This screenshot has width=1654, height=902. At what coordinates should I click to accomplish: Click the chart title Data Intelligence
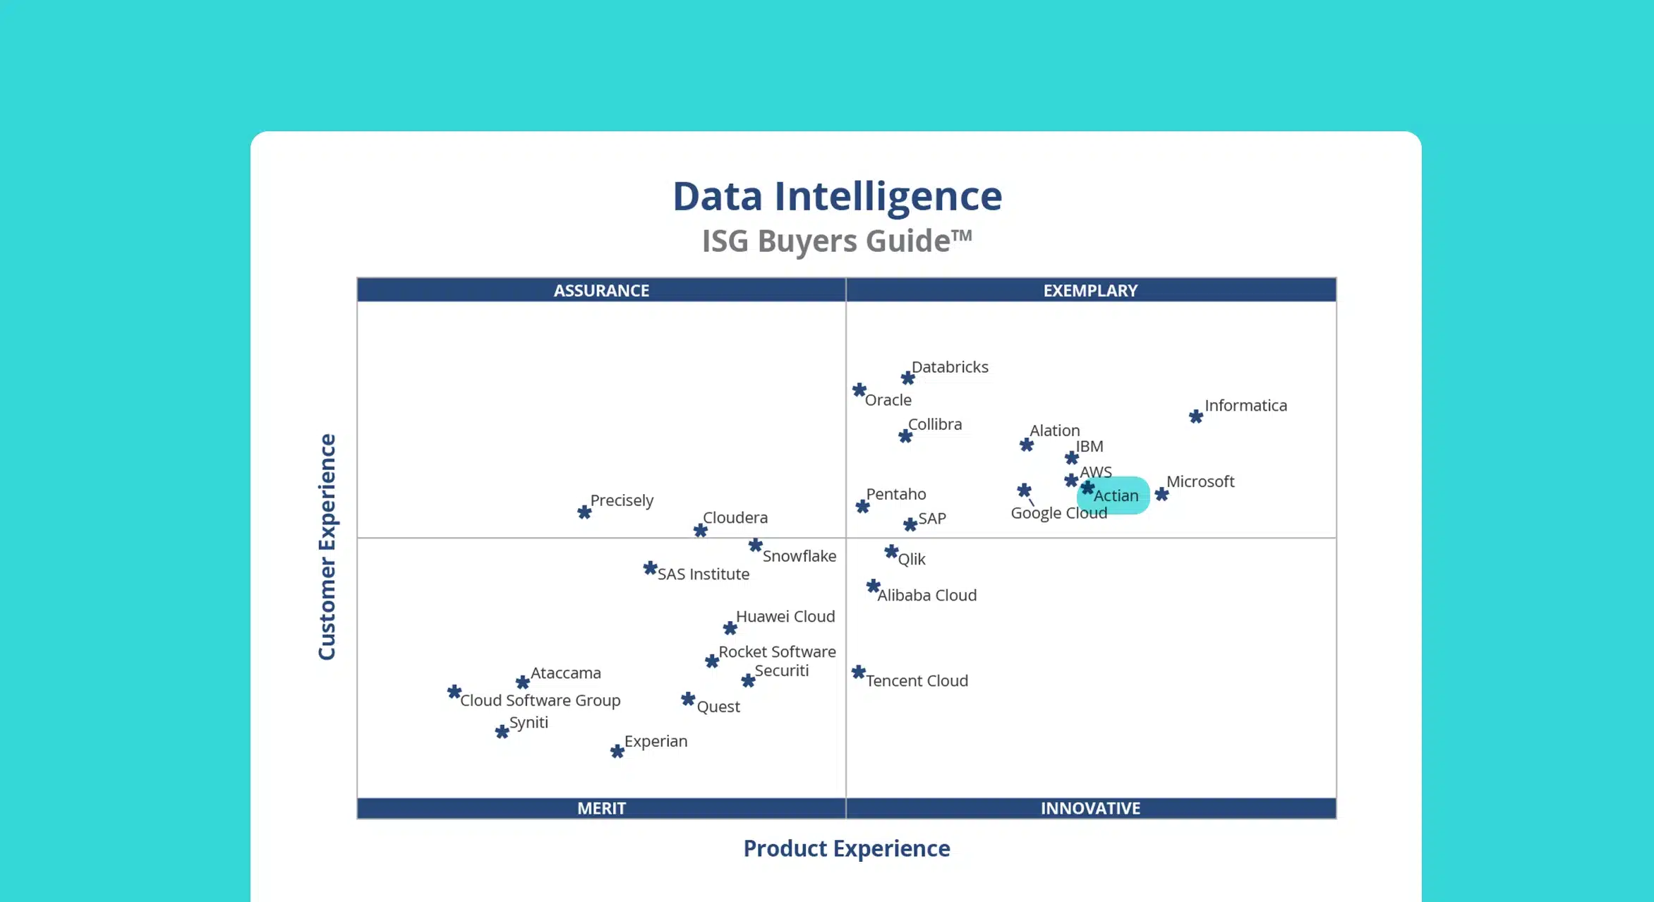click(x=837, y=196)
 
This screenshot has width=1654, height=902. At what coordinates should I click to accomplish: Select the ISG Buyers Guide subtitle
click(x=837, y=241)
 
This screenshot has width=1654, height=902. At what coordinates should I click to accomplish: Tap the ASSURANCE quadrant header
click(x=601, y=290)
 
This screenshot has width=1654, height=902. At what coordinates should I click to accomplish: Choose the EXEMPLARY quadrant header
click(x=1090, y=290)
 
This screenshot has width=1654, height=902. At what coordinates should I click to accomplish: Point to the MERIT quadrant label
click(x=601, y=808)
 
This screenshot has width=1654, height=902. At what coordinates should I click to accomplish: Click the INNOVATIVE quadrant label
click(x=1090, y=808)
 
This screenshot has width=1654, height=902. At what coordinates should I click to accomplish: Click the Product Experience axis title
click(x=847, y=848)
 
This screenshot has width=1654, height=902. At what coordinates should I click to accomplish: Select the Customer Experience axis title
click(x=327, y=547)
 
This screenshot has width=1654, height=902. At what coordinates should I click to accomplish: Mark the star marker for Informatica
click(x=1195, y=416)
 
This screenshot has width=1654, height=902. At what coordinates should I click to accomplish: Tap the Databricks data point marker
click(x=907, y=378)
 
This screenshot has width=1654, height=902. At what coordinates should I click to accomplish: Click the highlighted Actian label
click(x=1116, y=495)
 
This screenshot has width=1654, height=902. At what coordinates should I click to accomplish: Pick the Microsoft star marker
click(x=1161, y=494)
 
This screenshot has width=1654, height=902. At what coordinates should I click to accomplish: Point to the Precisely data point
click(x=584, y=512)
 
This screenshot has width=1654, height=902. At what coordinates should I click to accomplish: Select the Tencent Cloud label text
click(x=917, y=680)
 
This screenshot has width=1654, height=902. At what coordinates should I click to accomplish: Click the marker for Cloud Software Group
click(x=454, y=692)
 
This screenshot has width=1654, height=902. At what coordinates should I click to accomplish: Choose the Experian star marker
click(x=617, y=752)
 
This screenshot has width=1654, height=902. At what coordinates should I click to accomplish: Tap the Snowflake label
click(x=799, y=556)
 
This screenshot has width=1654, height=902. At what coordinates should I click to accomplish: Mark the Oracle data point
click(x=859, y=390)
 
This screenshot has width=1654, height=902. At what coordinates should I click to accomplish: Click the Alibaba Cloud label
click(x=926, y=595)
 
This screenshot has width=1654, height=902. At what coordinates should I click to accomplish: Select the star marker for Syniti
click(x=502, y=731)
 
